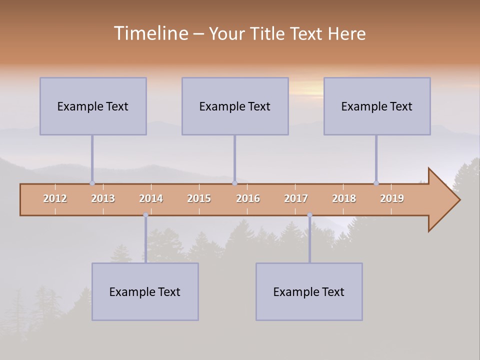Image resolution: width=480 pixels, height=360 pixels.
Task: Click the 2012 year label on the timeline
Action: click(x=55, y=198)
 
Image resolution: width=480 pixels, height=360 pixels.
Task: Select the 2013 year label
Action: click(x=103, y=198)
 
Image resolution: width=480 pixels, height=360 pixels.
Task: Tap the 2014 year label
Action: click(x=151, y=198)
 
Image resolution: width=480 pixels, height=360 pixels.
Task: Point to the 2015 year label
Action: click(x=199, y=198)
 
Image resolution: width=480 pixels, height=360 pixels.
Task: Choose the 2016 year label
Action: click(x=248, y=198)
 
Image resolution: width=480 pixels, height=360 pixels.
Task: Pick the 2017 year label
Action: click(x=296, y=198)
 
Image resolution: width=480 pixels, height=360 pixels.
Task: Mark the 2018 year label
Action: click(x=344, y=198)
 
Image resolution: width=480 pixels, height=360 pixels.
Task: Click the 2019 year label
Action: click(x=392, y=198)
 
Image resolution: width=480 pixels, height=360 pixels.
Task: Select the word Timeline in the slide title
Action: click(x=150, y=33)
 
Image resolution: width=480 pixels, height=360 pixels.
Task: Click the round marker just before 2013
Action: click(x=92, y=183)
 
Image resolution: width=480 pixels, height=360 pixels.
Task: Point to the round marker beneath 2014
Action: click(x=145, y=215)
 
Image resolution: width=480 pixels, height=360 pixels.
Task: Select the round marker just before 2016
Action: click(x=234, y=183)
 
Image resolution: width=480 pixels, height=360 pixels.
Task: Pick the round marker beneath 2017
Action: click(x=309, y=215)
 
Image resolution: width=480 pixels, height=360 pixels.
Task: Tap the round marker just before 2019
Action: click(x=376, y=183)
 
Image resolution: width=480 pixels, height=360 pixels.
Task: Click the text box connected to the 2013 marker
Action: click(x=93, y=106)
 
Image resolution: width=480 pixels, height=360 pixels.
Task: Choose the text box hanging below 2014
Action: click(x=145, y=291)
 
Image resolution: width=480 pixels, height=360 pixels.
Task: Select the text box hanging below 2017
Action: click(x=309, y=291)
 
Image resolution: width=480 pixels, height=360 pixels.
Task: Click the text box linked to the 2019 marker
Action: click(x=377, y=106)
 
